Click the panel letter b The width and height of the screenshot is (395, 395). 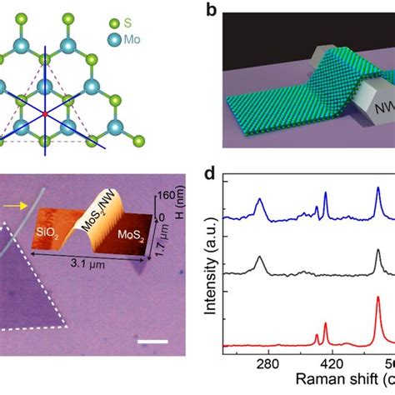[x=212, y=11]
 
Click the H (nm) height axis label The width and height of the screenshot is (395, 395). [x=177, y=209]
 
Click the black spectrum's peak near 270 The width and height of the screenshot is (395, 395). [x=260, y=260]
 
